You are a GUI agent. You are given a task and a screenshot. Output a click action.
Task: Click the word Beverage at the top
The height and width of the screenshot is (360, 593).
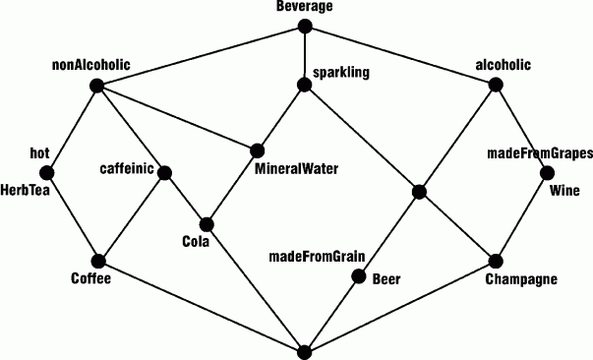[304, 7]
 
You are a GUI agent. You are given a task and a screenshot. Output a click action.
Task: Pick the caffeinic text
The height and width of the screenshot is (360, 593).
[127, 169]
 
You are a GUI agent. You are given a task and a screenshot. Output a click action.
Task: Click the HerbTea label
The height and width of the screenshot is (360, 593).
[25, 190]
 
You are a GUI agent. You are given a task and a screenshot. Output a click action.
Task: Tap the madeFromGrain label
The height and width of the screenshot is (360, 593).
[317, 258]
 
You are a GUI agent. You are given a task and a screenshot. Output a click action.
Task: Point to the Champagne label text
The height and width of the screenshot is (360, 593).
[521, 279]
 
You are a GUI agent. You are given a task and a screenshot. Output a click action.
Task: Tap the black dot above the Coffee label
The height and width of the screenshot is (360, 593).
[97, 261]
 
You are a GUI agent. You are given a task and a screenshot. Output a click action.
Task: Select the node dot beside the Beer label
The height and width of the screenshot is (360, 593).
[358, 278]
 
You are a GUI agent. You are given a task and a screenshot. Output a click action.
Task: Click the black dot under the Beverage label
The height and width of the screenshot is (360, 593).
[304, 29]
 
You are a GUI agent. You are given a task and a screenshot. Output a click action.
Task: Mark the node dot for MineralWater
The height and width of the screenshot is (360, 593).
[257, 150]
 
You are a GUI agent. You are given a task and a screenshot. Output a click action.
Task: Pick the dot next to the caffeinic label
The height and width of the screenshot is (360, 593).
[165, 173]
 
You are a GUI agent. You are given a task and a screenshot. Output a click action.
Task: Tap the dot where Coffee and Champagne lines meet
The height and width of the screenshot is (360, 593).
[304, 349]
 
